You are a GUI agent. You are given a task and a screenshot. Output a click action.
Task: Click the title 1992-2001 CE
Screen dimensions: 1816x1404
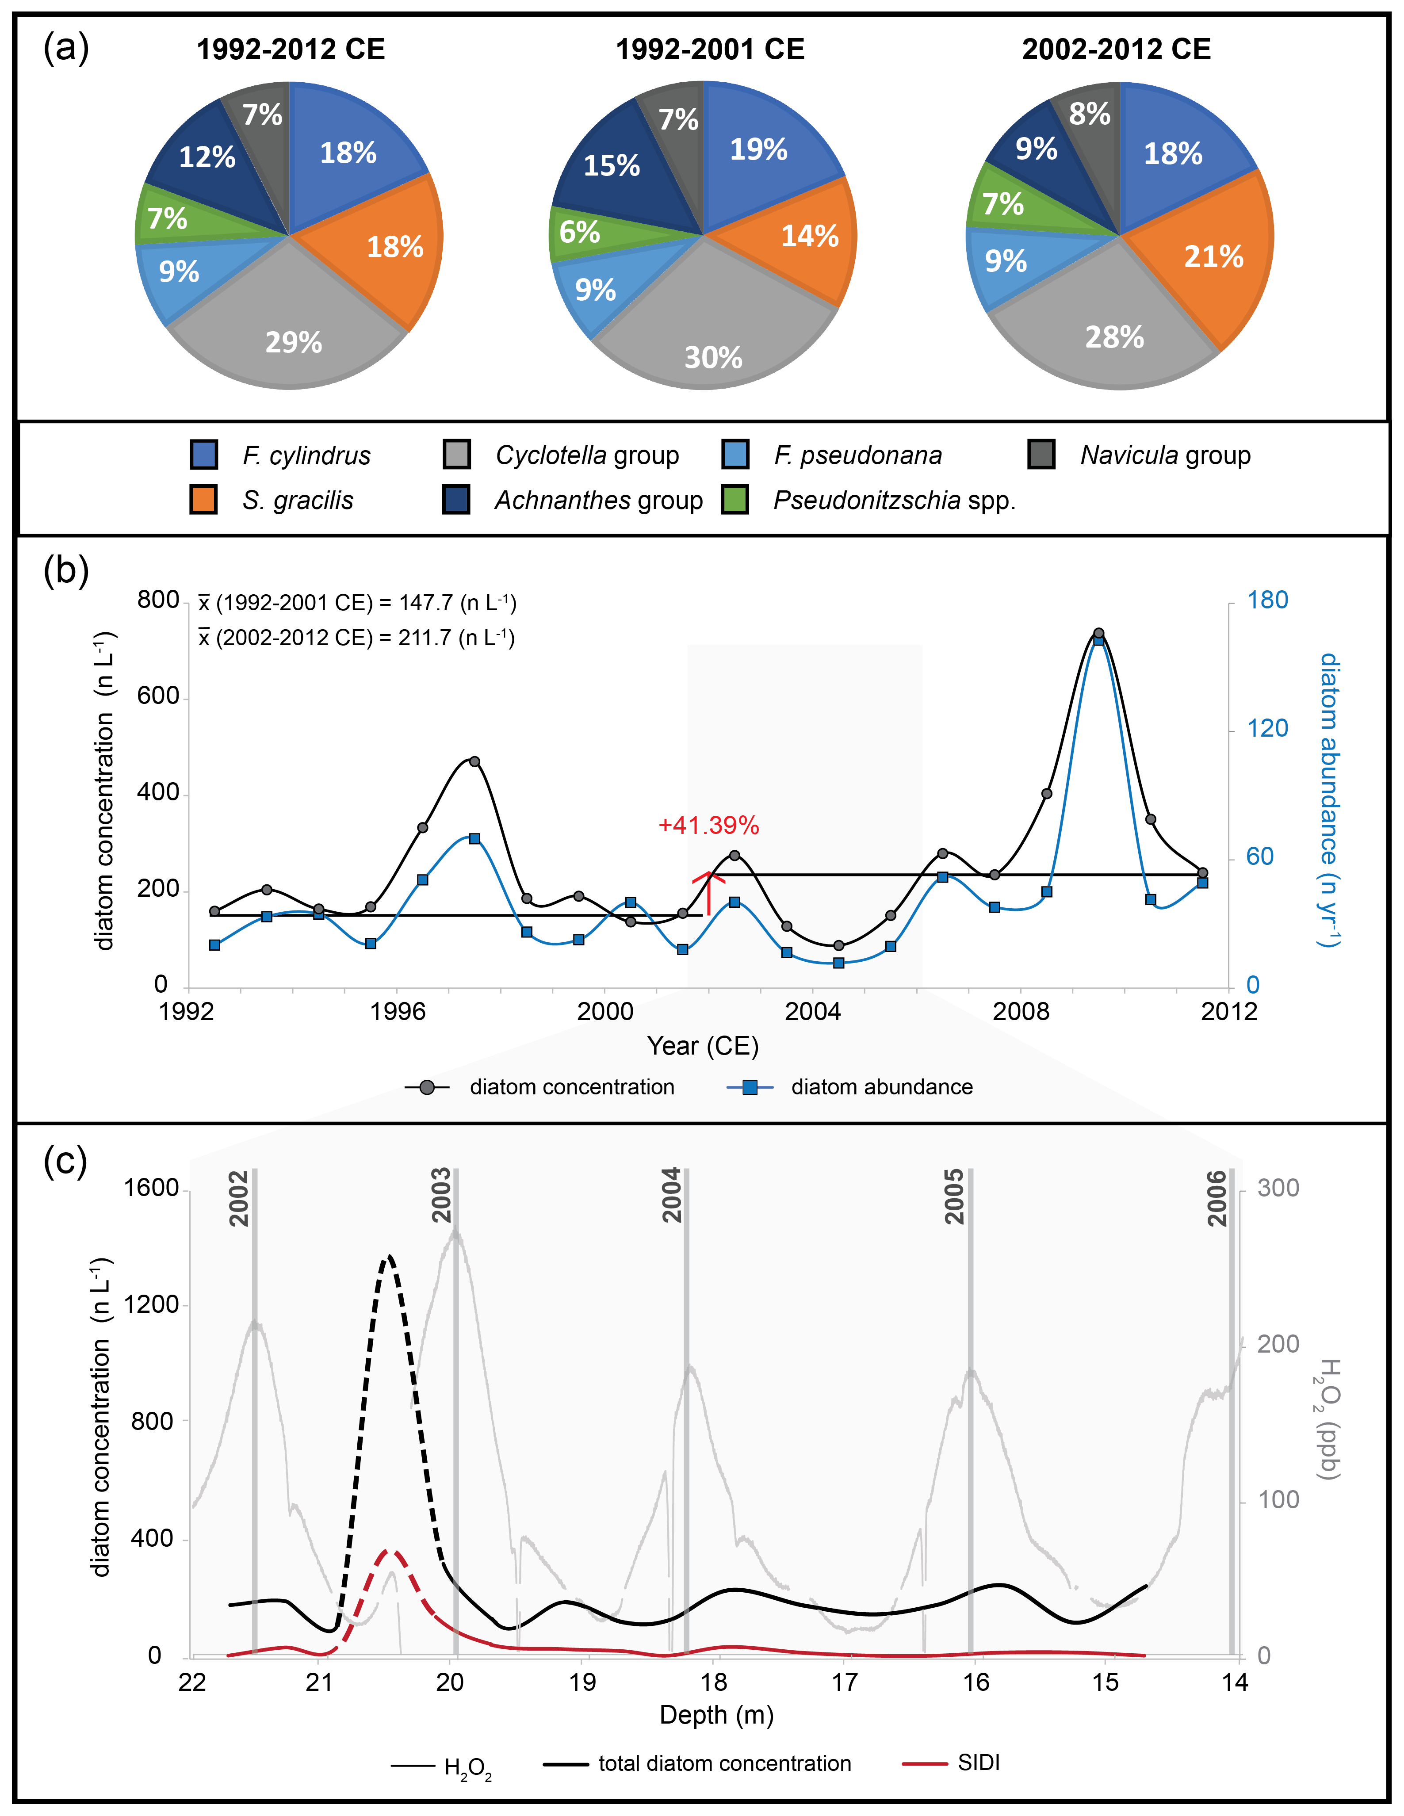pos(709,50)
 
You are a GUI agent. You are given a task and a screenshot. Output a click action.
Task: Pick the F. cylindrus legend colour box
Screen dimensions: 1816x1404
pos(204,455)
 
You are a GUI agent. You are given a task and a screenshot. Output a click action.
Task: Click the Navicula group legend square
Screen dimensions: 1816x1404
pos(1041,455)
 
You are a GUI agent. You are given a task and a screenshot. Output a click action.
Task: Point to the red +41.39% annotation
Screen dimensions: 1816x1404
pos(708,826)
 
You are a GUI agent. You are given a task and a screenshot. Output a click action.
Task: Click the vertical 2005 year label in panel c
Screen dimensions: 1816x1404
pos(955,1196)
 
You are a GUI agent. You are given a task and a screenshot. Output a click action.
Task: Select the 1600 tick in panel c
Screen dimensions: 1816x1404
pos(151,1188)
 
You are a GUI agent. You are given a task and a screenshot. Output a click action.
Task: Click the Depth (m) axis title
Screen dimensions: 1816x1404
pos(716,1715)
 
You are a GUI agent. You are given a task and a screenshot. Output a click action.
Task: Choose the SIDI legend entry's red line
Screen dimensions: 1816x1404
pos(924,1764)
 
